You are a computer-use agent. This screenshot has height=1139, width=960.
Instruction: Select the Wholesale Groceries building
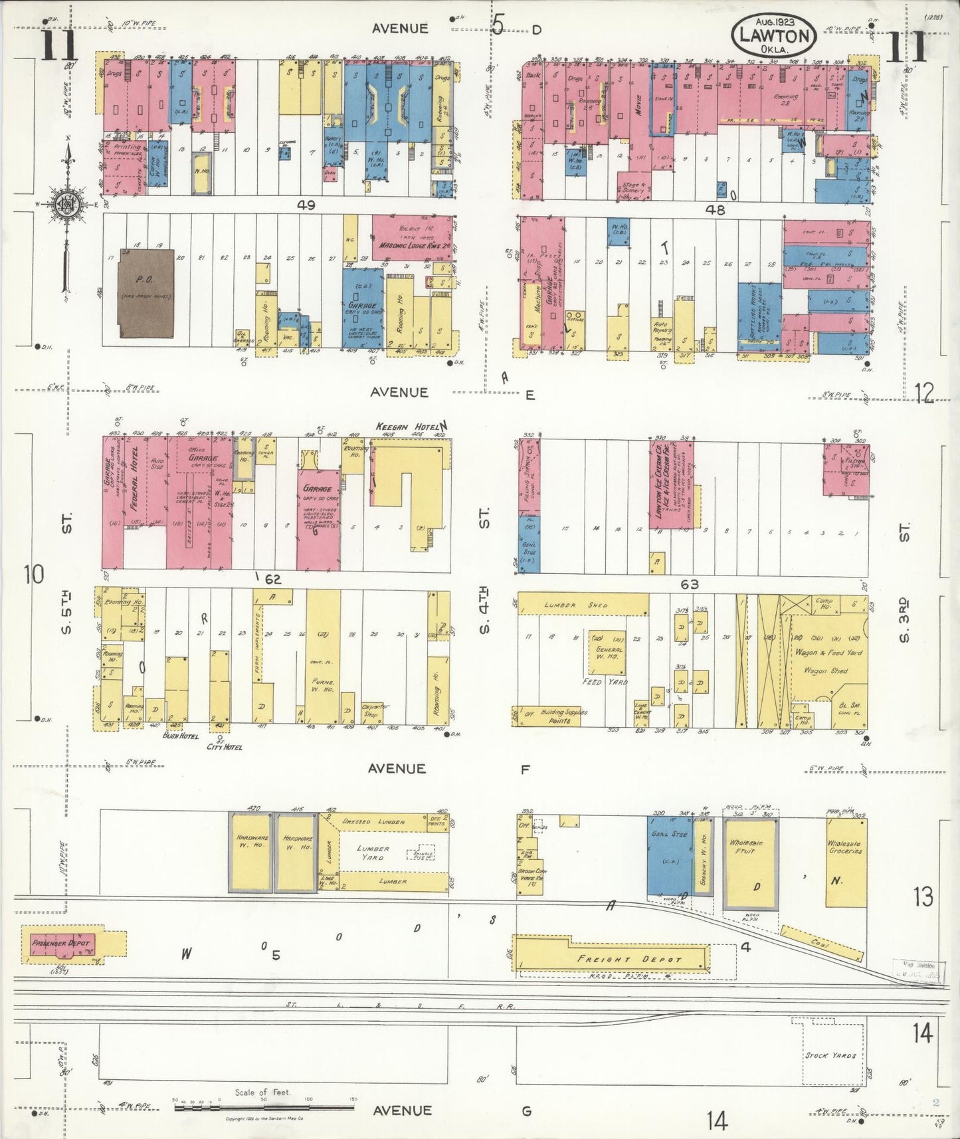tap(846, 861)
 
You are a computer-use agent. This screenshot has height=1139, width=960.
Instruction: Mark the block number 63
tap(690, 585)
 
